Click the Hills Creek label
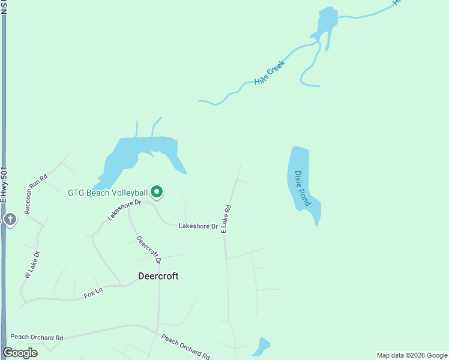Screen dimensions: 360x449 point(268,74)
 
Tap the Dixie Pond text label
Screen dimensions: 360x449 point(302,188)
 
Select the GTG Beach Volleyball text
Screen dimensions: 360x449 point(107,193)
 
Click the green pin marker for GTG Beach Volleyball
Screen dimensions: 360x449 point(157,192)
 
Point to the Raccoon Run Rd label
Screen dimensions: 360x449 point(35,193)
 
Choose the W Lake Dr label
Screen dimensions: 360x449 point(32,264)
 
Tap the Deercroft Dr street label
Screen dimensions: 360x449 point(149,250)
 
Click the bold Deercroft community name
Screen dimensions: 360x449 point(158,277)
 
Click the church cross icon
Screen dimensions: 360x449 point(10,220)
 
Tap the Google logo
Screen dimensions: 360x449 point(20,353)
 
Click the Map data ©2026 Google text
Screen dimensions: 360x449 point(412,355)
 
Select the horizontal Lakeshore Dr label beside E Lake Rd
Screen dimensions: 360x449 point(197,226)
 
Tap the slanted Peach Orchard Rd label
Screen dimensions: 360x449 point(186,347)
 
